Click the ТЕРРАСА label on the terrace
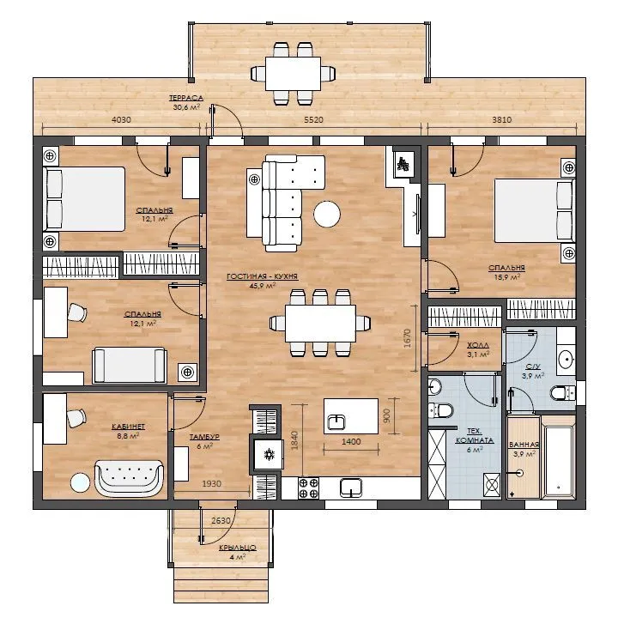[186, 98]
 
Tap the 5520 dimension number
[313, 119]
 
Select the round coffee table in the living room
[327, 214]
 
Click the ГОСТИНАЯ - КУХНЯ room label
[262, 276]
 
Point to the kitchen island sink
[336, 422]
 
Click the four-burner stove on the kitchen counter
[309, 488]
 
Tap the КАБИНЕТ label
[128, 427]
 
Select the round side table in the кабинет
[80, 482]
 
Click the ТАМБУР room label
[204, 437]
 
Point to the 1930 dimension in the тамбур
[212, 483]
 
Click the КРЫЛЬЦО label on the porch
[238, 548]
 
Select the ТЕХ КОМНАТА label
[475, 435]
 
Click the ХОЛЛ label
[478, 345]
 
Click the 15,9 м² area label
[507, 277]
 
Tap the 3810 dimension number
[502, 119]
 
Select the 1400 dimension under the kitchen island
[351, 441]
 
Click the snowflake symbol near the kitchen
[270, 454]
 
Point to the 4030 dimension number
[121, 119]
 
